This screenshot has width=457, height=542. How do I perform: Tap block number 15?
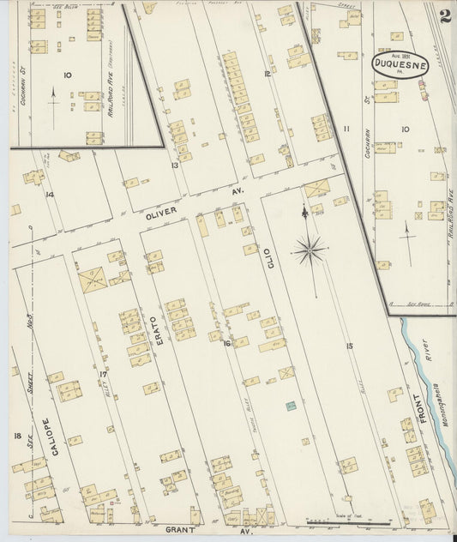[x=350, y=346]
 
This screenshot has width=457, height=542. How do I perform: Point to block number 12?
[x=268, y=75]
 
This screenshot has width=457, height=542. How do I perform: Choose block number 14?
[x=49, y=195]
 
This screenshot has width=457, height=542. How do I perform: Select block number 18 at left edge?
[x=16, y=437]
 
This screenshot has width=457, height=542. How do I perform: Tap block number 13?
[x=174, y=165]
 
